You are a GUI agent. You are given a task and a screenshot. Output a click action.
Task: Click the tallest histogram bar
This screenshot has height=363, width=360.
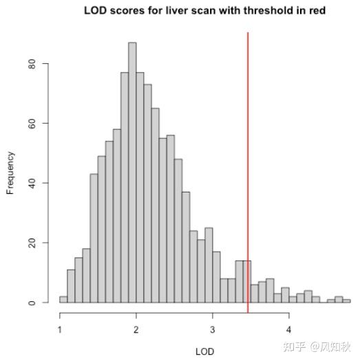[x=132, y=172]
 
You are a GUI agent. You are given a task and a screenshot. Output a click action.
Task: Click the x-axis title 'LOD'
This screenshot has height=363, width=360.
[x=205, y=351]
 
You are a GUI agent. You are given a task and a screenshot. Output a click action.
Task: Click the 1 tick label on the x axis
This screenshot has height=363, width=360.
[x=60, y=328]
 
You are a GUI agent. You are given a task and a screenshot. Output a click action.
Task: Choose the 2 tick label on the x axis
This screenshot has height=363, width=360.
[x=136, y=328]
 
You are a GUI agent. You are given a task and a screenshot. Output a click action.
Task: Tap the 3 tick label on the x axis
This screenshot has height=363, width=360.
[x=213, y=328]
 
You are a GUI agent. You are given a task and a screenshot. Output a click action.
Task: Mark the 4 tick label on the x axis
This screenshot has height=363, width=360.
[x=289, y=328]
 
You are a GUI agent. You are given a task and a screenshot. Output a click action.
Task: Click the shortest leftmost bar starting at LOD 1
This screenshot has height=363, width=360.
[x=63, y=300]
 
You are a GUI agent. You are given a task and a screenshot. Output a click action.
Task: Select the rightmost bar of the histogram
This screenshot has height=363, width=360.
[x=346, y=301]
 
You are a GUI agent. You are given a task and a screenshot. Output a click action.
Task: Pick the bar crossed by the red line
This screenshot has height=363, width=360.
[x=246, y=282]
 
